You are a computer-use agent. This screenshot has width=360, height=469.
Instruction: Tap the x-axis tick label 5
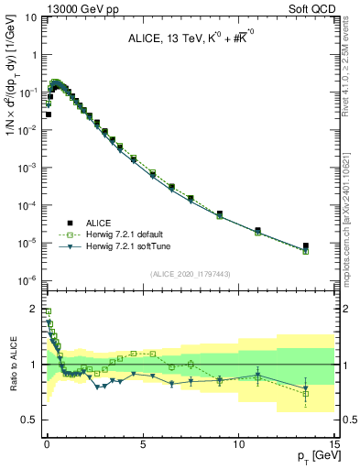(142, 444)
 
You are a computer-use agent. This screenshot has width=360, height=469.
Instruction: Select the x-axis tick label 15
(333, 444)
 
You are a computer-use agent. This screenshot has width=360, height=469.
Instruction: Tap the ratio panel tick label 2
(34, 310)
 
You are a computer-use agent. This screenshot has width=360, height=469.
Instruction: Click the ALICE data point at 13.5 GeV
(306, 245)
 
